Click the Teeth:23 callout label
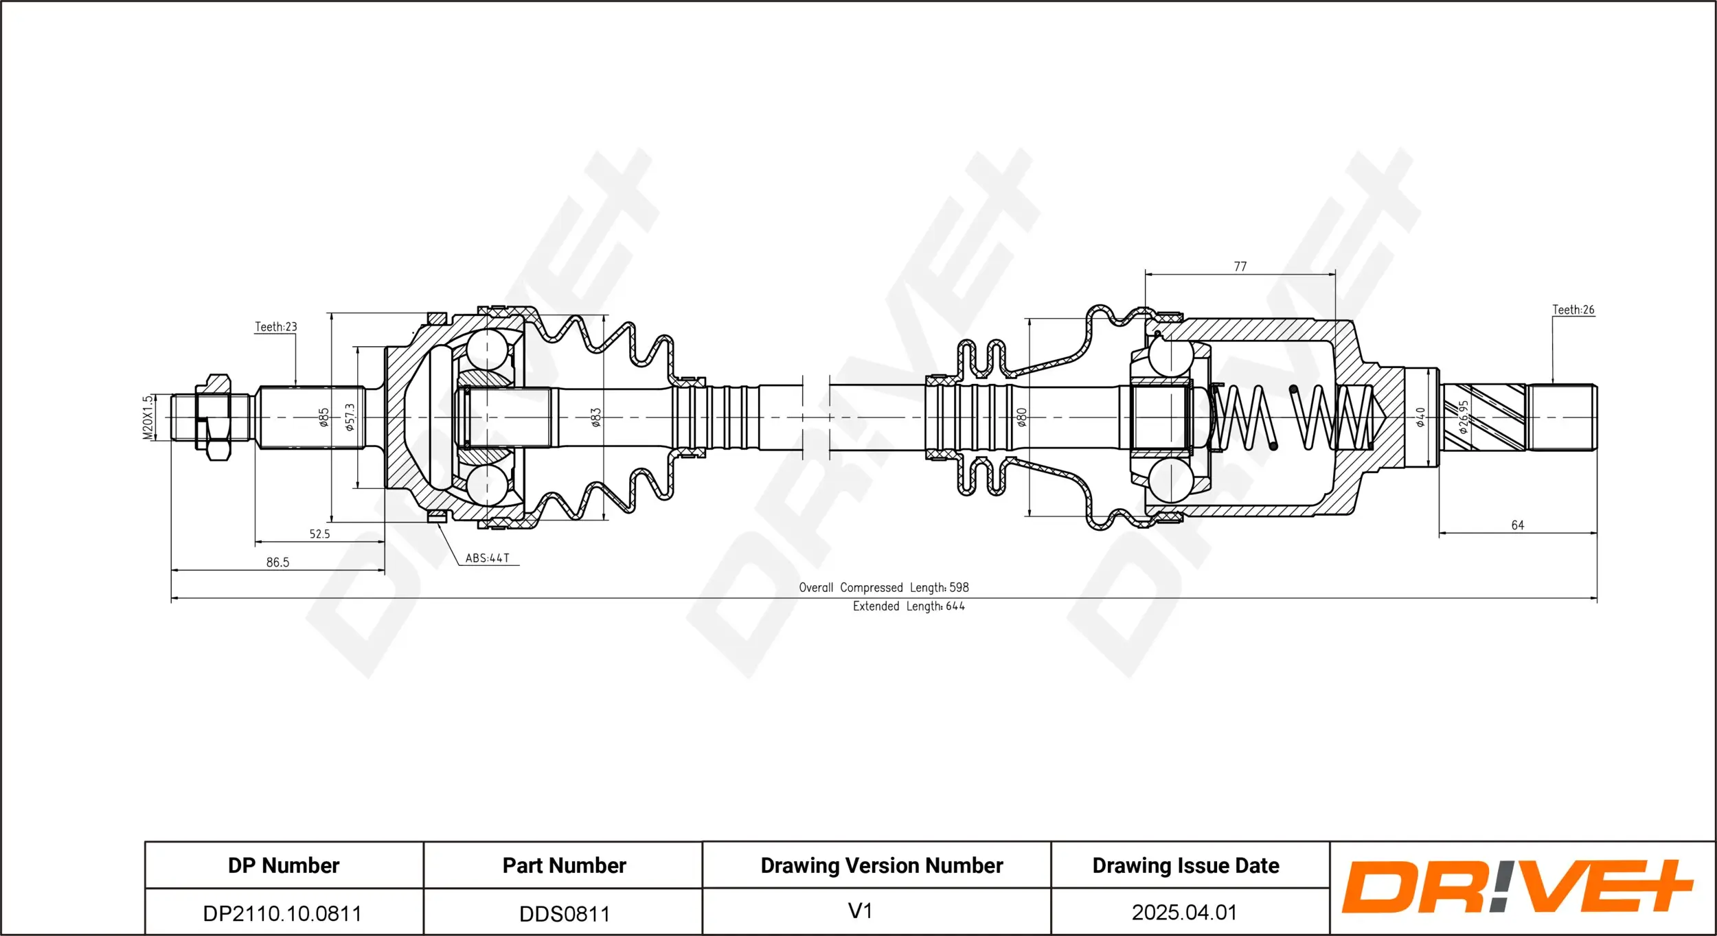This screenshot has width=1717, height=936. point(276,327)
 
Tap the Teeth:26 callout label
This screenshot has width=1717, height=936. point(1573,310)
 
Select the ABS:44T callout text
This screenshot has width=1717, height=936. point(488,558)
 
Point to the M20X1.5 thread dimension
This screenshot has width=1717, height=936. point(148,418)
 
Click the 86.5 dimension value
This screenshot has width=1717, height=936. point(277,562)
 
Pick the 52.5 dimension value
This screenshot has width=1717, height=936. point(319,534)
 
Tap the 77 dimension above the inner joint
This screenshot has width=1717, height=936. point(1240,266)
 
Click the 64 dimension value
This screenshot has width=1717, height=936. point(1517,525)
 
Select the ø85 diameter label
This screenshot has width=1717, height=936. point(324,418)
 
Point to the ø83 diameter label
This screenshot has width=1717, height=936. point(596,418)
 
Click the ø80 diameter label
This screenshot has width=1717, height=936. point(1022,418)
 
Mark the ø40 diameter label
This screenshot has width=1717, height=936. point(1420,417)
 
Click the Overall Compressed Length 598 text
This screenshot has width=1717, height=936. point(883,588)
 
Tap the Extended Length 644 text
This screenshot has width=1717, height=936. point(908,606)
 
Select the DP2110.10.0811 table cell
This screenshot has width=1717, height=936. point(282,913)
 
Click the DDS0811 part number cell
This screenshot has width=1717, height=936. point(565,914)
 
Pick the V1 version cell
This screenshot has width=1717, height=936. point(860,911)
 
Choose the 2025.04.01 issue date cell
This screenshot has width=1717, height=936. point(1184,913)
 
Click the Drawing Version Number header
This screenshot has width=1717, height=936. point(881,865)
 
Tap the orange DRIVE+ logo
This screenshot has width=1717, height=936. point(1516,887)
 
